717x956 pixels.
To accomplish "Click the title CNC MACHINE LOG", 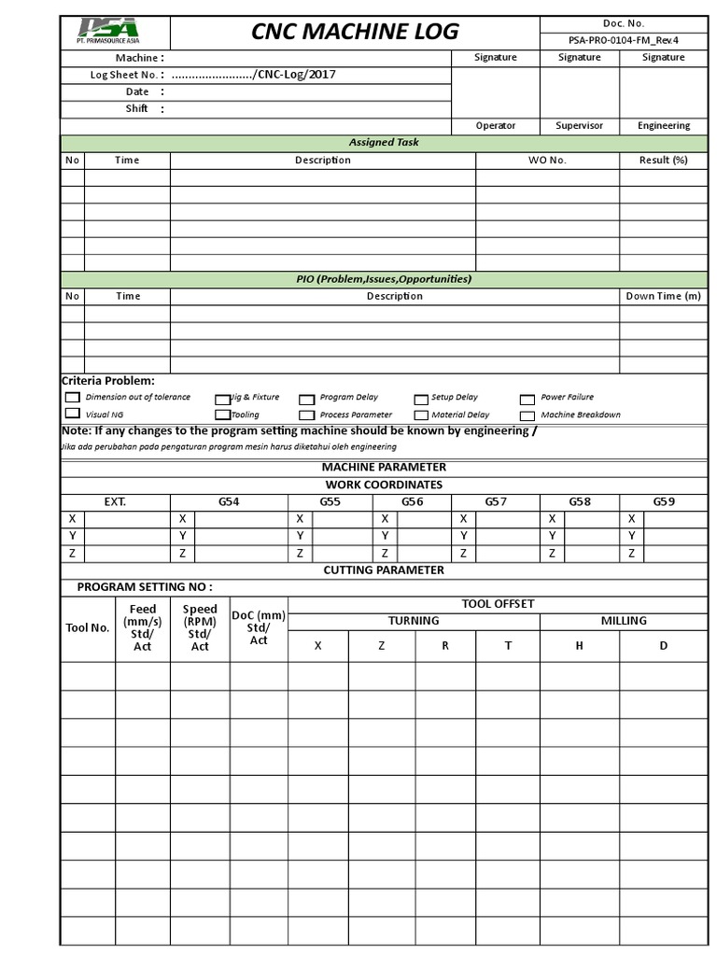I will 355,32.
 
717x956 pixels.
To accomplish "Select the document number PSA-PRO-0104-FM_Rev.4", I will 624,40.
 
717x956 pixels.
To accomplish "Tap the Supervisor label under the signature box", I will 579,125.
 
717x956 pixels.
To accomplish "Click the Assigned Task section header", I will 384,143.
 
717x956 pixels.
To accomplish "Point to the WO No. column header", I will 547,160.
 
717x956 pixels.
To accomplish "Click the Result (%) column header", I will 663,160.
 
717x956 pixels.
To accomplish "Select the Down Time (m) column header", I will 663,296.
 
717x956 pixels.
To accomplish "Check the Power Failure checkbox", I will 527,398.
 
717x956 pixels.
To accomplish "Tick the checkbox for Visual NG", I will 72,414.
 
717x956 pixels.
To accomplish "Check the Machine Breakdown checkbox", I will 527,415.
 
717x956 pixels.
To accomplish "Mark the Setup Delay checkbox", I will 421,398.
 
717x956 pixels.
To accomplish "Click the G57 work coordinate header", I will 496,501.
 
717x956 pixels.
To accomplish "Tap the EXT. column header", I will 115,501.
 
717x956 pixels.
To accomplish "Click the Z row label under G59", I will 632,553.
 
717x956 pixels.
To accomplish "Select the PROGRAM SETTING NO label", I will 144,586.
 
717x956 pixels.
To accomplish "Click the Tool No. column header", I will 88,627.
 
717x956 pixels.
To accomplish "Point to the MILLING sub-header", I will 623,620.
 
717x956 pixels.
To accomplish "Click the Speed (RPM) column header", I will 200,627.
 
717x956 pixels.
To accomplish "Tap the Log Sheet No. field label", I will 126,75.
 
